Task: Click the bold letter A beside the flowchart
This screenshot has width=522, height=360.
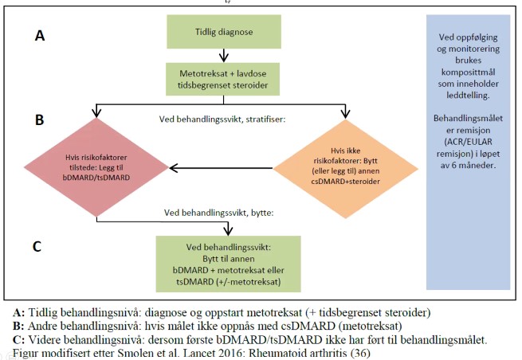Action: [x=39, y=36]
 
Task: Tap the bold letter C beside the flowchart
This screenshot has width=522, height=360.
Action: [x=37, y=246]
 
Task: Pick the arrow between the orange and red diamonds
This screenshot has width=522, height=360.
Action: [x=228, y=168]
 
